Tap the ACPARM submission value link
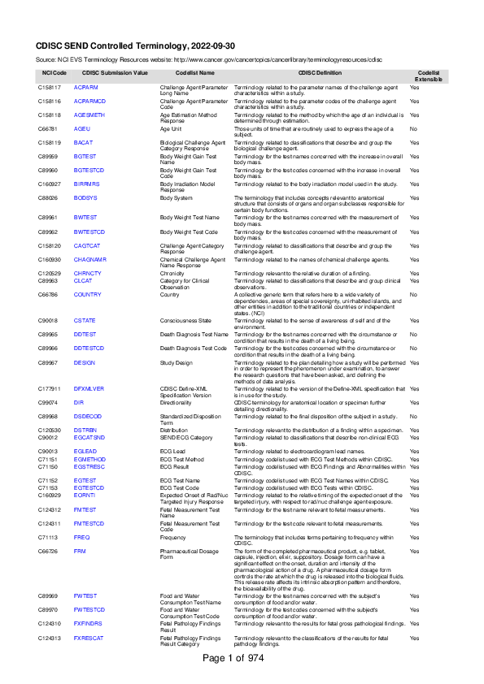click(85, 86)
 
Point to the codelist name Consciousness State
click(186, 321)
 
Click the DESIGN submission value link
click(85, 362)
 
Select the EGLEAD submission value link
click(85, 451)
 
